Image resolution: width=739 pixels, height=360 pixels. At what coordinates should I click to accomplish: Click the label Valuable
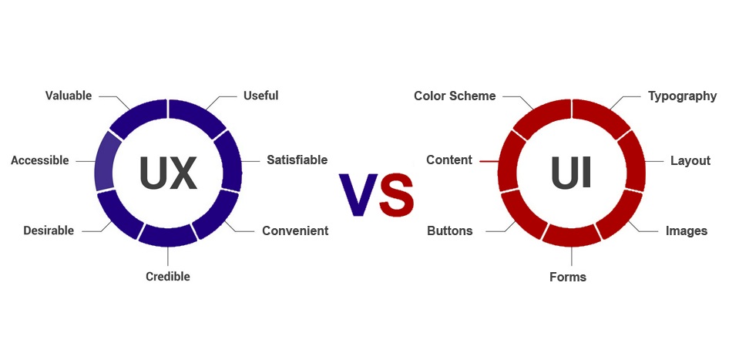[69, 96]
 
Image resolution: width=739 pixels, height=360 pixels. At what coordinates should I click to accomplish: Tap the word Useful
[260, 96]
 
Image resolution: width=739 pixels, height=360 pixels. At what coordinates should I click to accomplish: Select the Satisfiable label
[297, 160]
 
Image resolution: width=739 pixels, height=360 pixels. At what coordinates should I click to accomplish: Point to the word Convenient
[295, 231]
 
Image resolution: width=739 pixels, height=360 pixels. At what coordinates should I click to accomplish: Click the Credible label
[168, 277]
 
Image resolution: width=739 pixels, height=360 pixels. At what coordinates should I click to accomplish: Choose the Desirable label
[49, 231]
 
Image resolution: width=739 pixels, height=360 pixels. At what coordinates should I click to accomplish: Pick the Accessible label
[39, 160]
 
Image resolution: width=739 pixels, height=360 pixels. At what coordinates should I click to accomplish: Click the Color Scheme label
[455, 96]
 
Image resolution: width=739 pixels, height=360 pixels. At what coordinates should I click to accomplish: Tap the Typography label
[683, 96]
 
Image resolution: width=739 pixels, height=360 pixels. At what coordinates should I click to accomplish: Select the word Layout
[690, 161]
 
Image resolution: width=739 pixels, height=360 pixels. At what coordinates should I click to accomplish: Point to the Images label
[686, 231]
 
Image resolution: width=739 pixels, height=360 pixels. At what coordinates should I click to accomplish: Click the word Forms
[568, 277]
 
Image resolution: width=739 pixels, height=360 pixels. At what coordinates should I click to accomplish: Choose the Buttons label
[449, 231]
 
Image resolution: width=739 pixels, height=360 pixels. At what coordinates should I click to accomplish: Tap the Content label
[449, 160]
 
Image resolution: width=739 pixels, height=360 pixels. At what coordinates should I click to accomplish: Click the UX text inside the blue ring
[168, 173]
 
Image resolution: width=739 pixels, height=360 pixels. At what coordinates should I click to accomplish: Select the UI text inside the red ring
[571, 173]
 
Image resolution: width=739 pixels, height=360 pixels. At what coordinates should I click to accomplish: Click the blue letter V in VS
[358, 194]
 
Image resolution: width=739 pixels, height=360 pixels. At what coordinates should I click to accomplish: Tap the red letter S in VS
[397, 194]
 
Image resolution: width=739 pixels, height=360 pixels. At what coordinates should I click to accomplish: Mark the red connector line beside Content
[489, 162]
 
